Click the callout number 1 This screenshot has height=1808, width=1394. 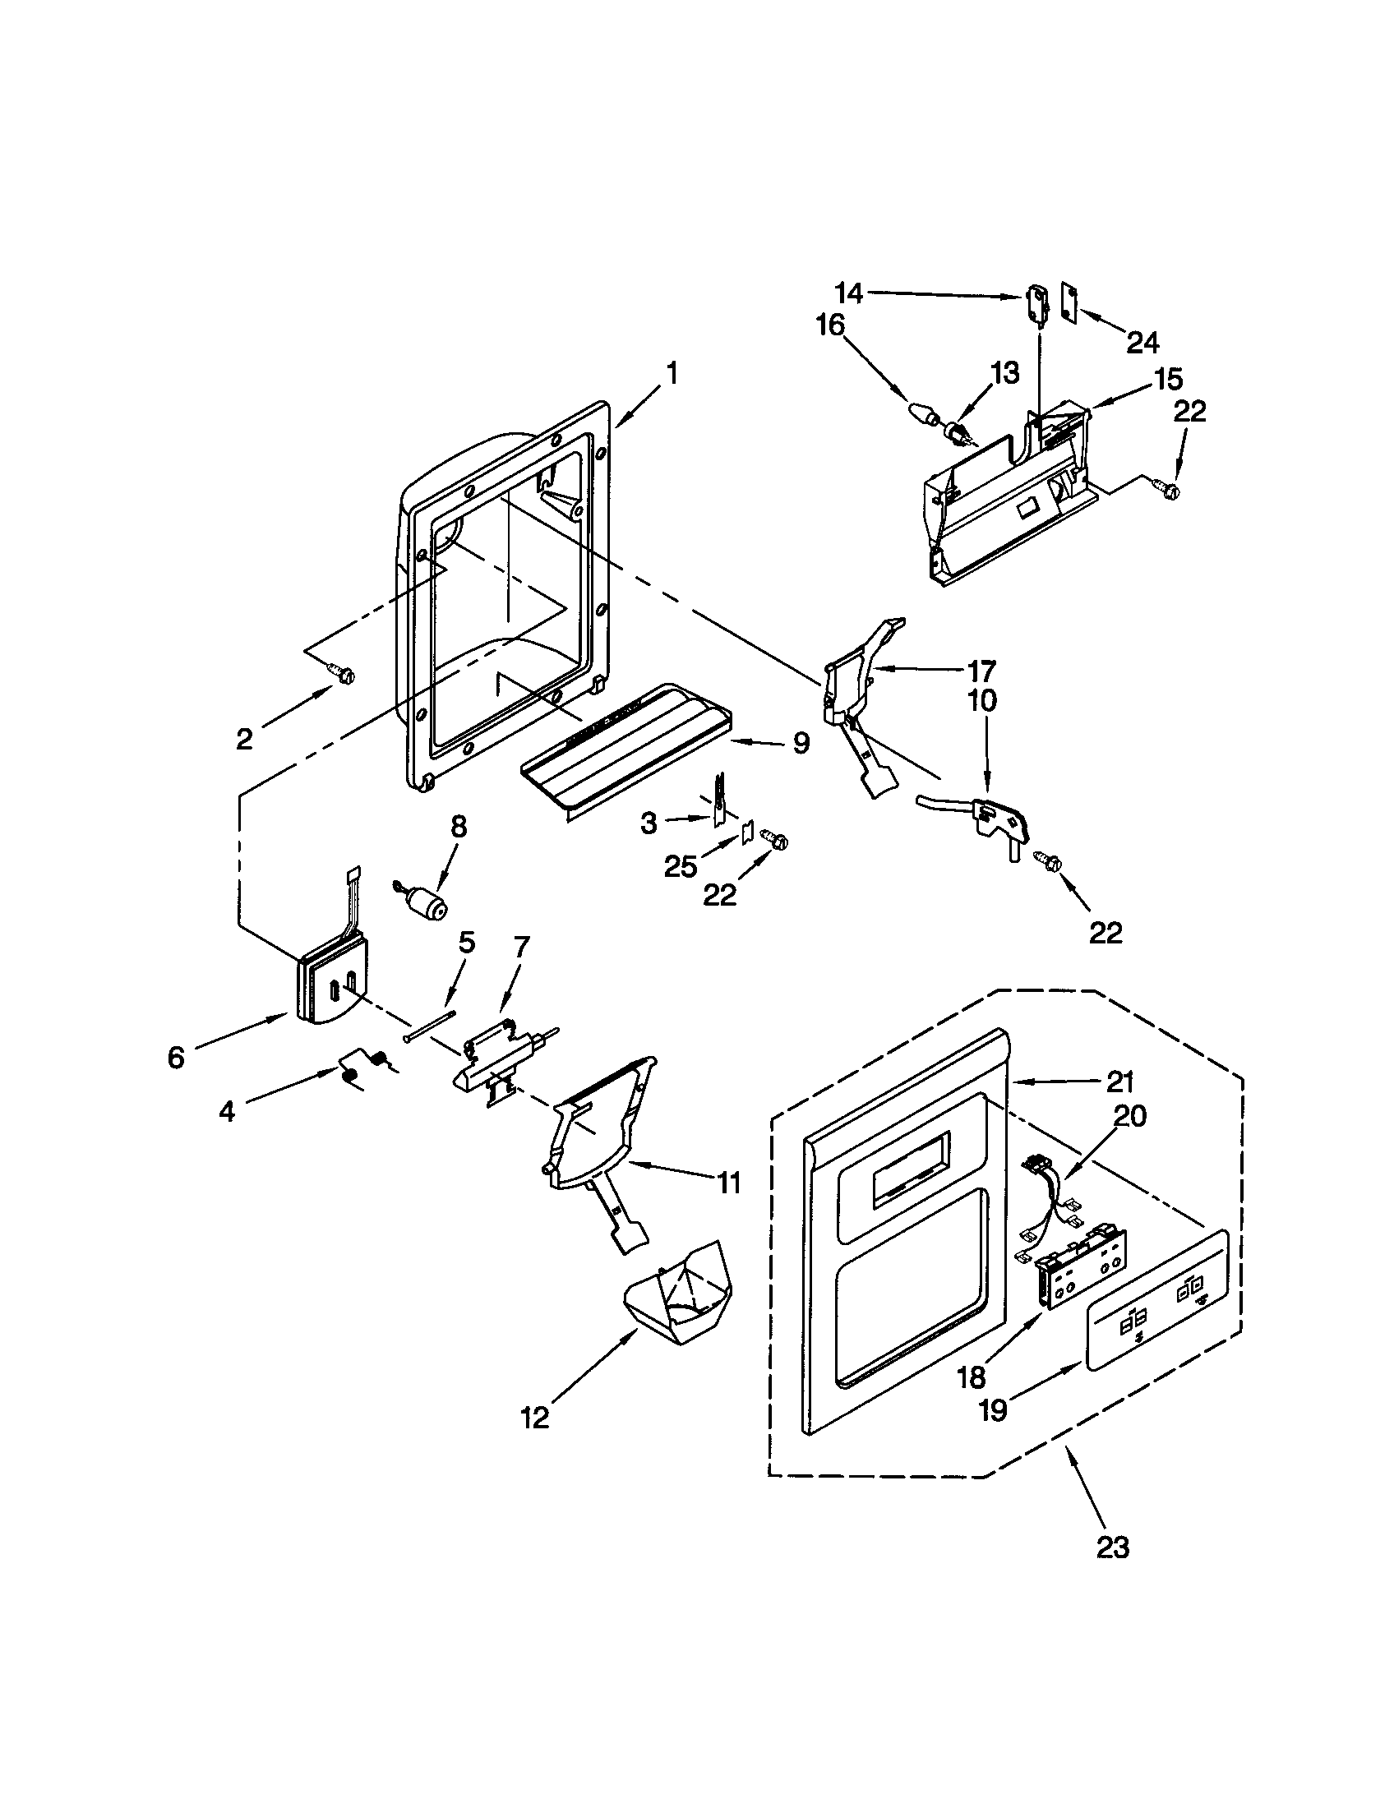672,374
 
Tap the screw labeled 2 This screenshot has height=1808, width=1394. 341,676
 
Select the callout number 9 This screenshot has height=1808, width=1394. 800,743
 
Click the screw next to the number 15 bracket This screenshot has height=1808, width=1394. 1170,490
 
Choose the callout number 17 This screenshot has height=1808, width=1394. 981,669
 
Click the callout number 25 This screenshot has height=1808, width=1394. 681,866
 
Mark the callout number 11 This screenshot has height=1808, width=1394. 727,1183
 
